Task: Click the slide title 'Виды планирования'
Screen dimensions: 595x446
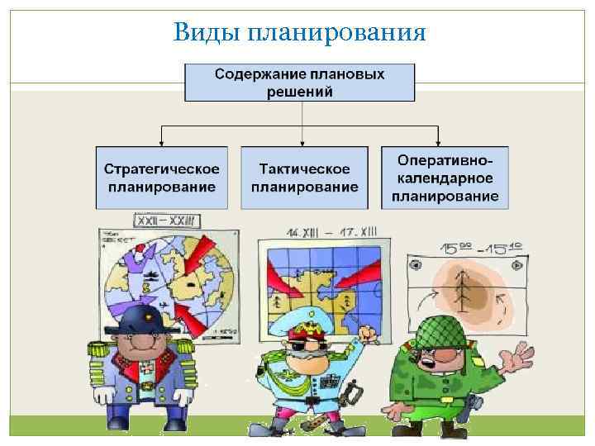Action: [300, 32]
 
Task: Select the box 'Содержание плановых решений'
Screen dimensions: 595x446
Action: [299, 82]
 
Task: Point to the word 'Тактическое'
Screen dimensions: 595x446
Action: [304, 169]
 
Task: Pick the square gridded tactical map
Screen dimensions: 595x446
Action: [318, 285]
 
